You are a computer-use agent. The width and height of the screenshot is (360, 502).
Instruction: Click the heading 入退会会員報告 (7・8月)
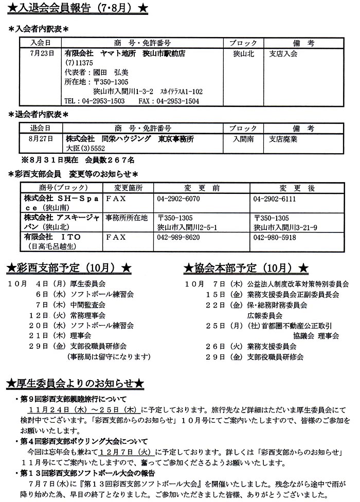[x=78, y=9]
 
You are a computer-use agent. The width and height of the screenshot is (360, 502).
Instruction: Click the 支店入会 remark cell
[x=283, y=53]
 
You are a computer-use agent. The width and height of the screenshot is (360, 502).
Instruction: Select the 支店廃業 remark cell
[x=283, y=138]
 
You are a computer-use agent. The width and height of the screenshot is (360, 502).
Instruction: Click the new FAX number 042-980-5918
[x=275, y=238]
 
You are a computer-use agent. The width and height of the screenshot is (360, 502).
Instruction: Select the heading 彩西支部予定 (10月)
[x=69, y=268]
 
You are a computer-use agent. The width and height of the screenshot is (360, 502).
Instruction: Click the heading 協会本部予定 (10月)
[x=246, y=268]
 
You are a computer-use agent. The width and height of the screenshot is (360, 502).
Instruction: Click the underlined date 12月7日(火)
[x=112, y=451]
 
